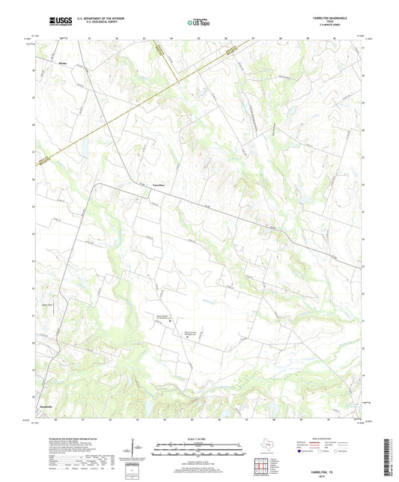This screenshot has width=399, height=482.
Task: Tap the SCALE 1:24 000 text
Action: [x=198, y=439]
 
